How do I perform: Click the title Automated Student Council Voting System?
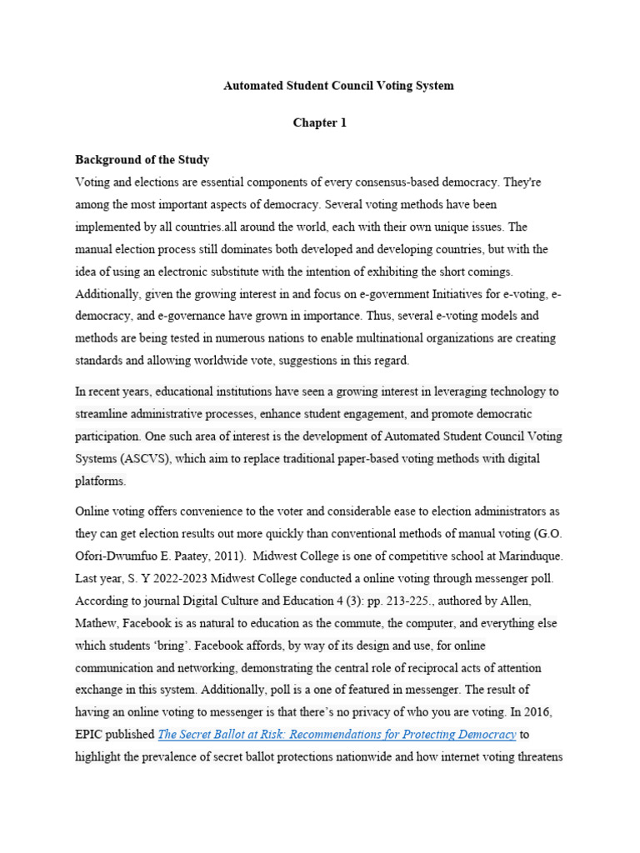point(338,86)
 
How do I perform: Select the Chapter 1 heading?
point(319,122)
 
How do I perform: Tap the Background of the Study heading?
point(142,159)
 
